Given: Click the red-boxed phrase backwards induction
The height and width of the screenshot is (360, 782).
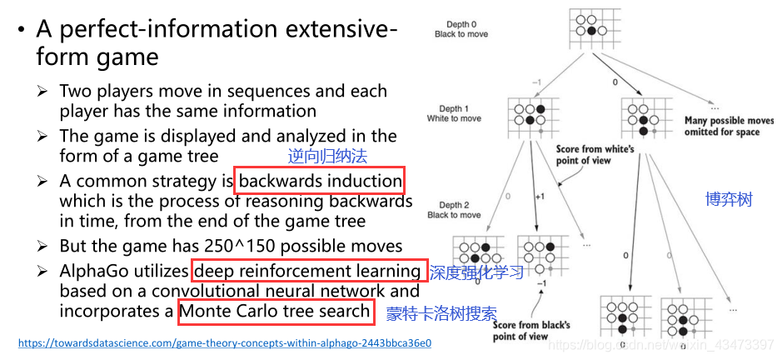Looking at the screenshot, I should click(320, 182).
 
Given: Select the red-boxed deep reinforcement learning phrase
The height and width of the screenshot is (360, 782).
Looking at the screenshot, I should click(306, 271).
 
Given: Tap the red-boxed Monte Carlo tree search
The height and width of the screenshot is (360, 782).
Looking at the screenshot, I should click(274, 312).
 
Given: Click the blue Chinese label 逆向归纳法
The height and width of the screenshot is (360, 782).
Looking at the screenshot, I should click(327, 156).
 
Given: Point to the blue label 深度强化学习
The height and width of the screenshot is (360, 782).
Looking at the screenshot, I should click(476, 272).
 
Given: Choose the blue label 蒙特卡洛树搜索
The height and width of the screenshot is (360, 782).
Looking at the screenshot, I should click(441, 314).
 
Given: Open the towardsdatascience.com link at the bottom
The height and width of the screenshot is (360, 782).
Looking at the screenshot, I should click(224, 342).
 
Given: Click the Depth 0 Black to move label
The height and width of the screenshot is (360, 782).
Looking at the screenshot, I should click(461, 29).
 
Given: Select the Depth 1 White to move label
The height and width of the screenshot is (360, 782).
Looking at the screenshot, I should click(454, 114).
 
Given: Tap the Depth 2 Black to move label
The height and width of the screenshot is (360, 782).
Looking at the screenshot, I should click(454, 210).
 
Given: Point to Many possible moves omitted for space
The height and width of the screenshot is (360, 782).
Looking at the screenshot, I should click(725, 127).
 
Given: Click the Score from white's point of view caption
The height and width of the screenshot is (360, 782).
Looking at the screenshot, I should click(595, 155).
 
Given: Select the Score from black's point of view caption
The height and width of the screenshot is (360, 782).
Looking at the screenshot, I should click(530, 330).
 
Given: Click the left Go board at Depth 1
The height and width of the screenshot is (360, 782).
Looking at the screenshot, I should click(530, 119).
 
